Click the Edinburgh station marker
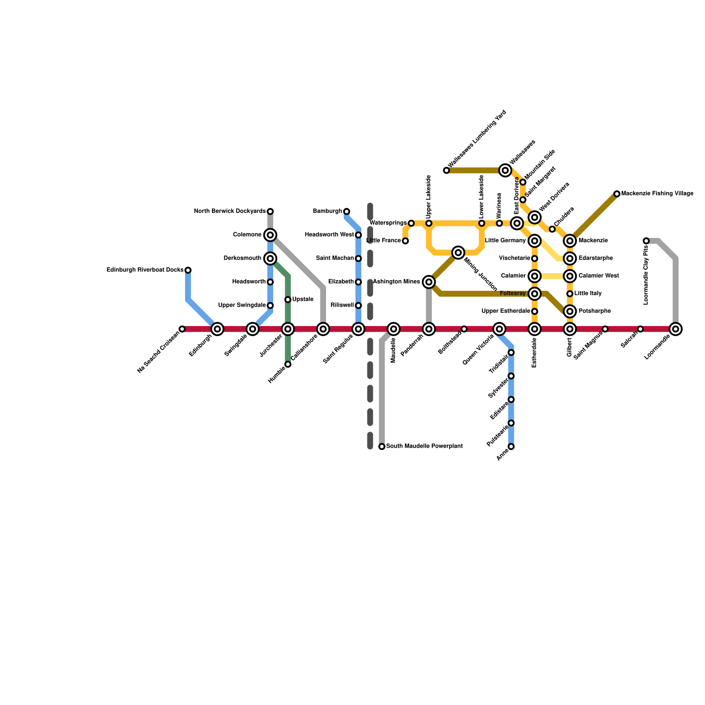pos(217,329)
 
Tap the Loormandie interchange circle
pos(675,329)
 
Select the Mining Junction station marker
pos(458,252)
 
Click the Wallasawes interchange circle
pos(505,171)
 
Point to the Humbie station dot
pos(288,364)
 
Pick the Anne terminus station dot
pos(511,447)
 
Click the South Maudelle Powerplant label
pos(424,446)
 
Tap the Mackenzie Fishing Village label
pos(657,193)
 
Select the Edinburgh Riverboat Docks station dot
pos(188,270)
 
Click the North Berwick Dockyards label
pos(230,211)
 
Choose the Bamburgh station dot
pos(347,211)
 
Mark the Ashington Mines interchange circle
pos(429,282)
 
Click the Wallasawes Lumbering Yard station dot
pos(446,171)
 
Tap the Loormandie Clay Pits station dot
pos(646,241)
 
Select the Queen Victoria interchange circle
pos(499,329)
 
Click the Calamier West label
pos(598,276)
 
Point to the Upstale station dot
pos(288,300)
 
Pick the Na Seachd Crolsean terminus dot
pos(182,329)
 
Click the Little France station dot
pos(405,241)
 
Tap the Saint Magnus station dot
pos(605,329)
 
